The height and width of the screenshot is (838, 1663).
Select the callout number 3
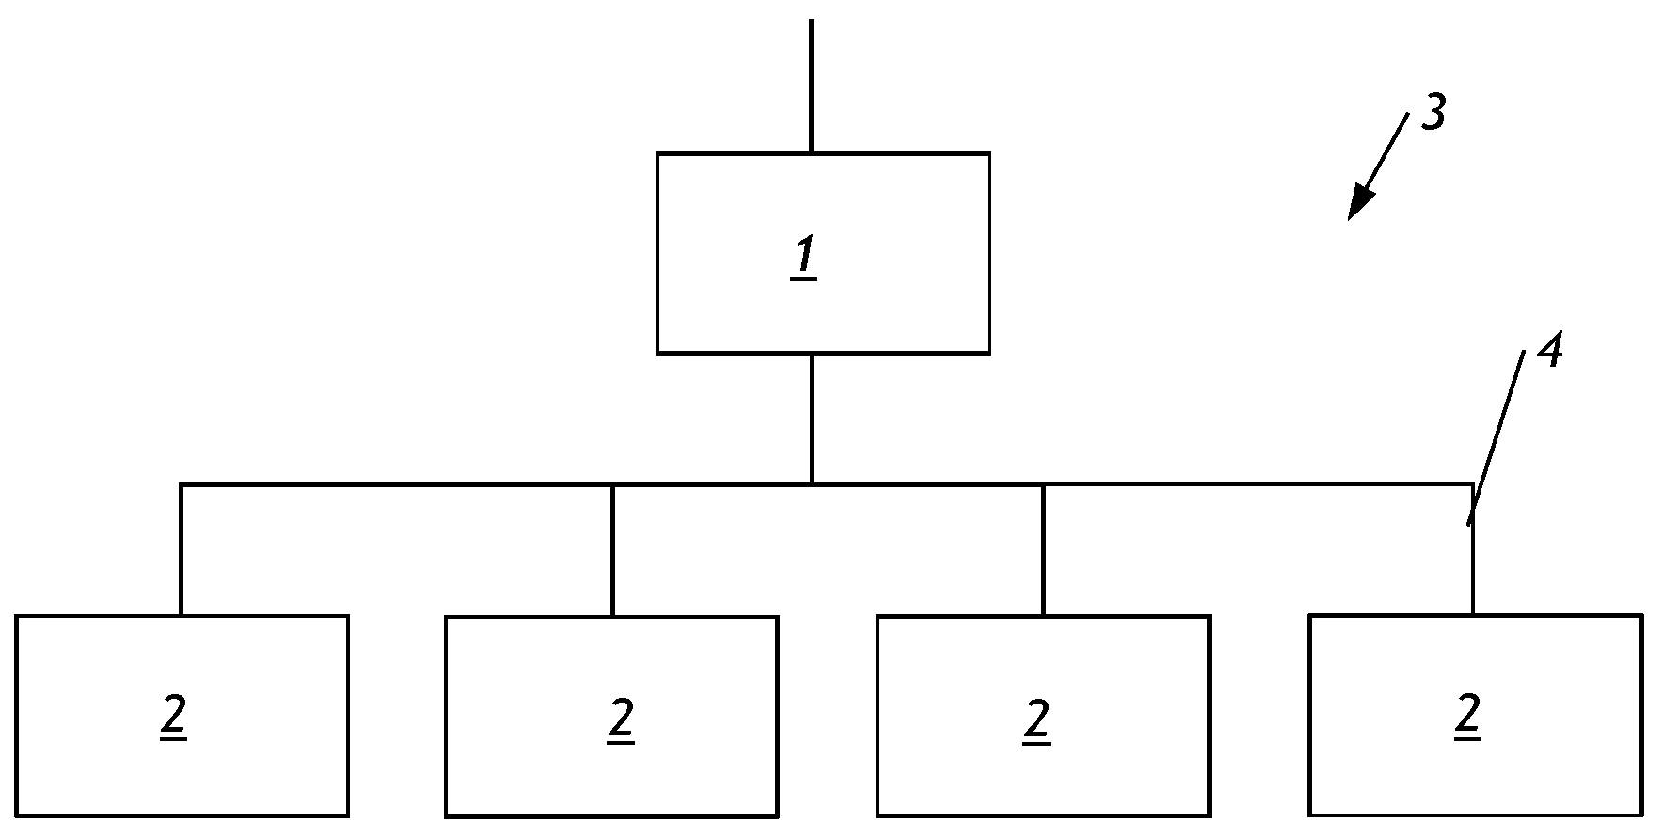tap(1432, 112)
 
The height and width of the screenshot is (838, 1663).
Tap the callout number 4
tap(1549, 351)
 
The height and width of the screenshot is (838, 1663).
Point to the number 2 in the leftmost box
tap(174, 719)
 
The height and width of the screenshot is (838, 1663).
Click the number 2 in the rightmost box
tap(1467, 718)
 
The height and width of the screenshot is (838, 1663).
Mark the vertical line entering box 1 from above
tap(811, 86)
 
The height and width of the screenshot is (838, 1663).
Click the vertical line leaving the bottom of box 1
tap(811, 419)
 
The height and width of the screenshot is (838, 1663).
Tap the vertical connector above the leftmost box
tap(181, 550)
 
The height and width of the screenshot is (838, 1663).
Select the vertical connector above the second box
tap(612, 550)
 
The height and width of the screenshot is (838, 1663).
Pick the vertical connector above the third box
tap(1043, 550)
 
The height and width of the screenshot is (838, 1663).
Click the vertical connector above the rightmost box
tap(1473, 550)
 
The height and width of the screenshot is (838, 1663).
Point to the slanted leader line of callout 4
tap(1497, 437)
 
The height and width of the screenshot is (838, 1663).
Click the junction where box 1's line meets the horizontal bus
tap(811, 484)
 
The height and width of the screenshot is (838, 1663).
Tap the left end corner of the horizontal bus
tap(181, 485)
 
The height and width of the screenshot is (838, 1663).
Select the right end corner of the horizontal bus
tap(1473, 485)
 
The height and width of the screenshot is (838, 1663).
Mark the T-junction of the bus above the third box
tap(1043, 485)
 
